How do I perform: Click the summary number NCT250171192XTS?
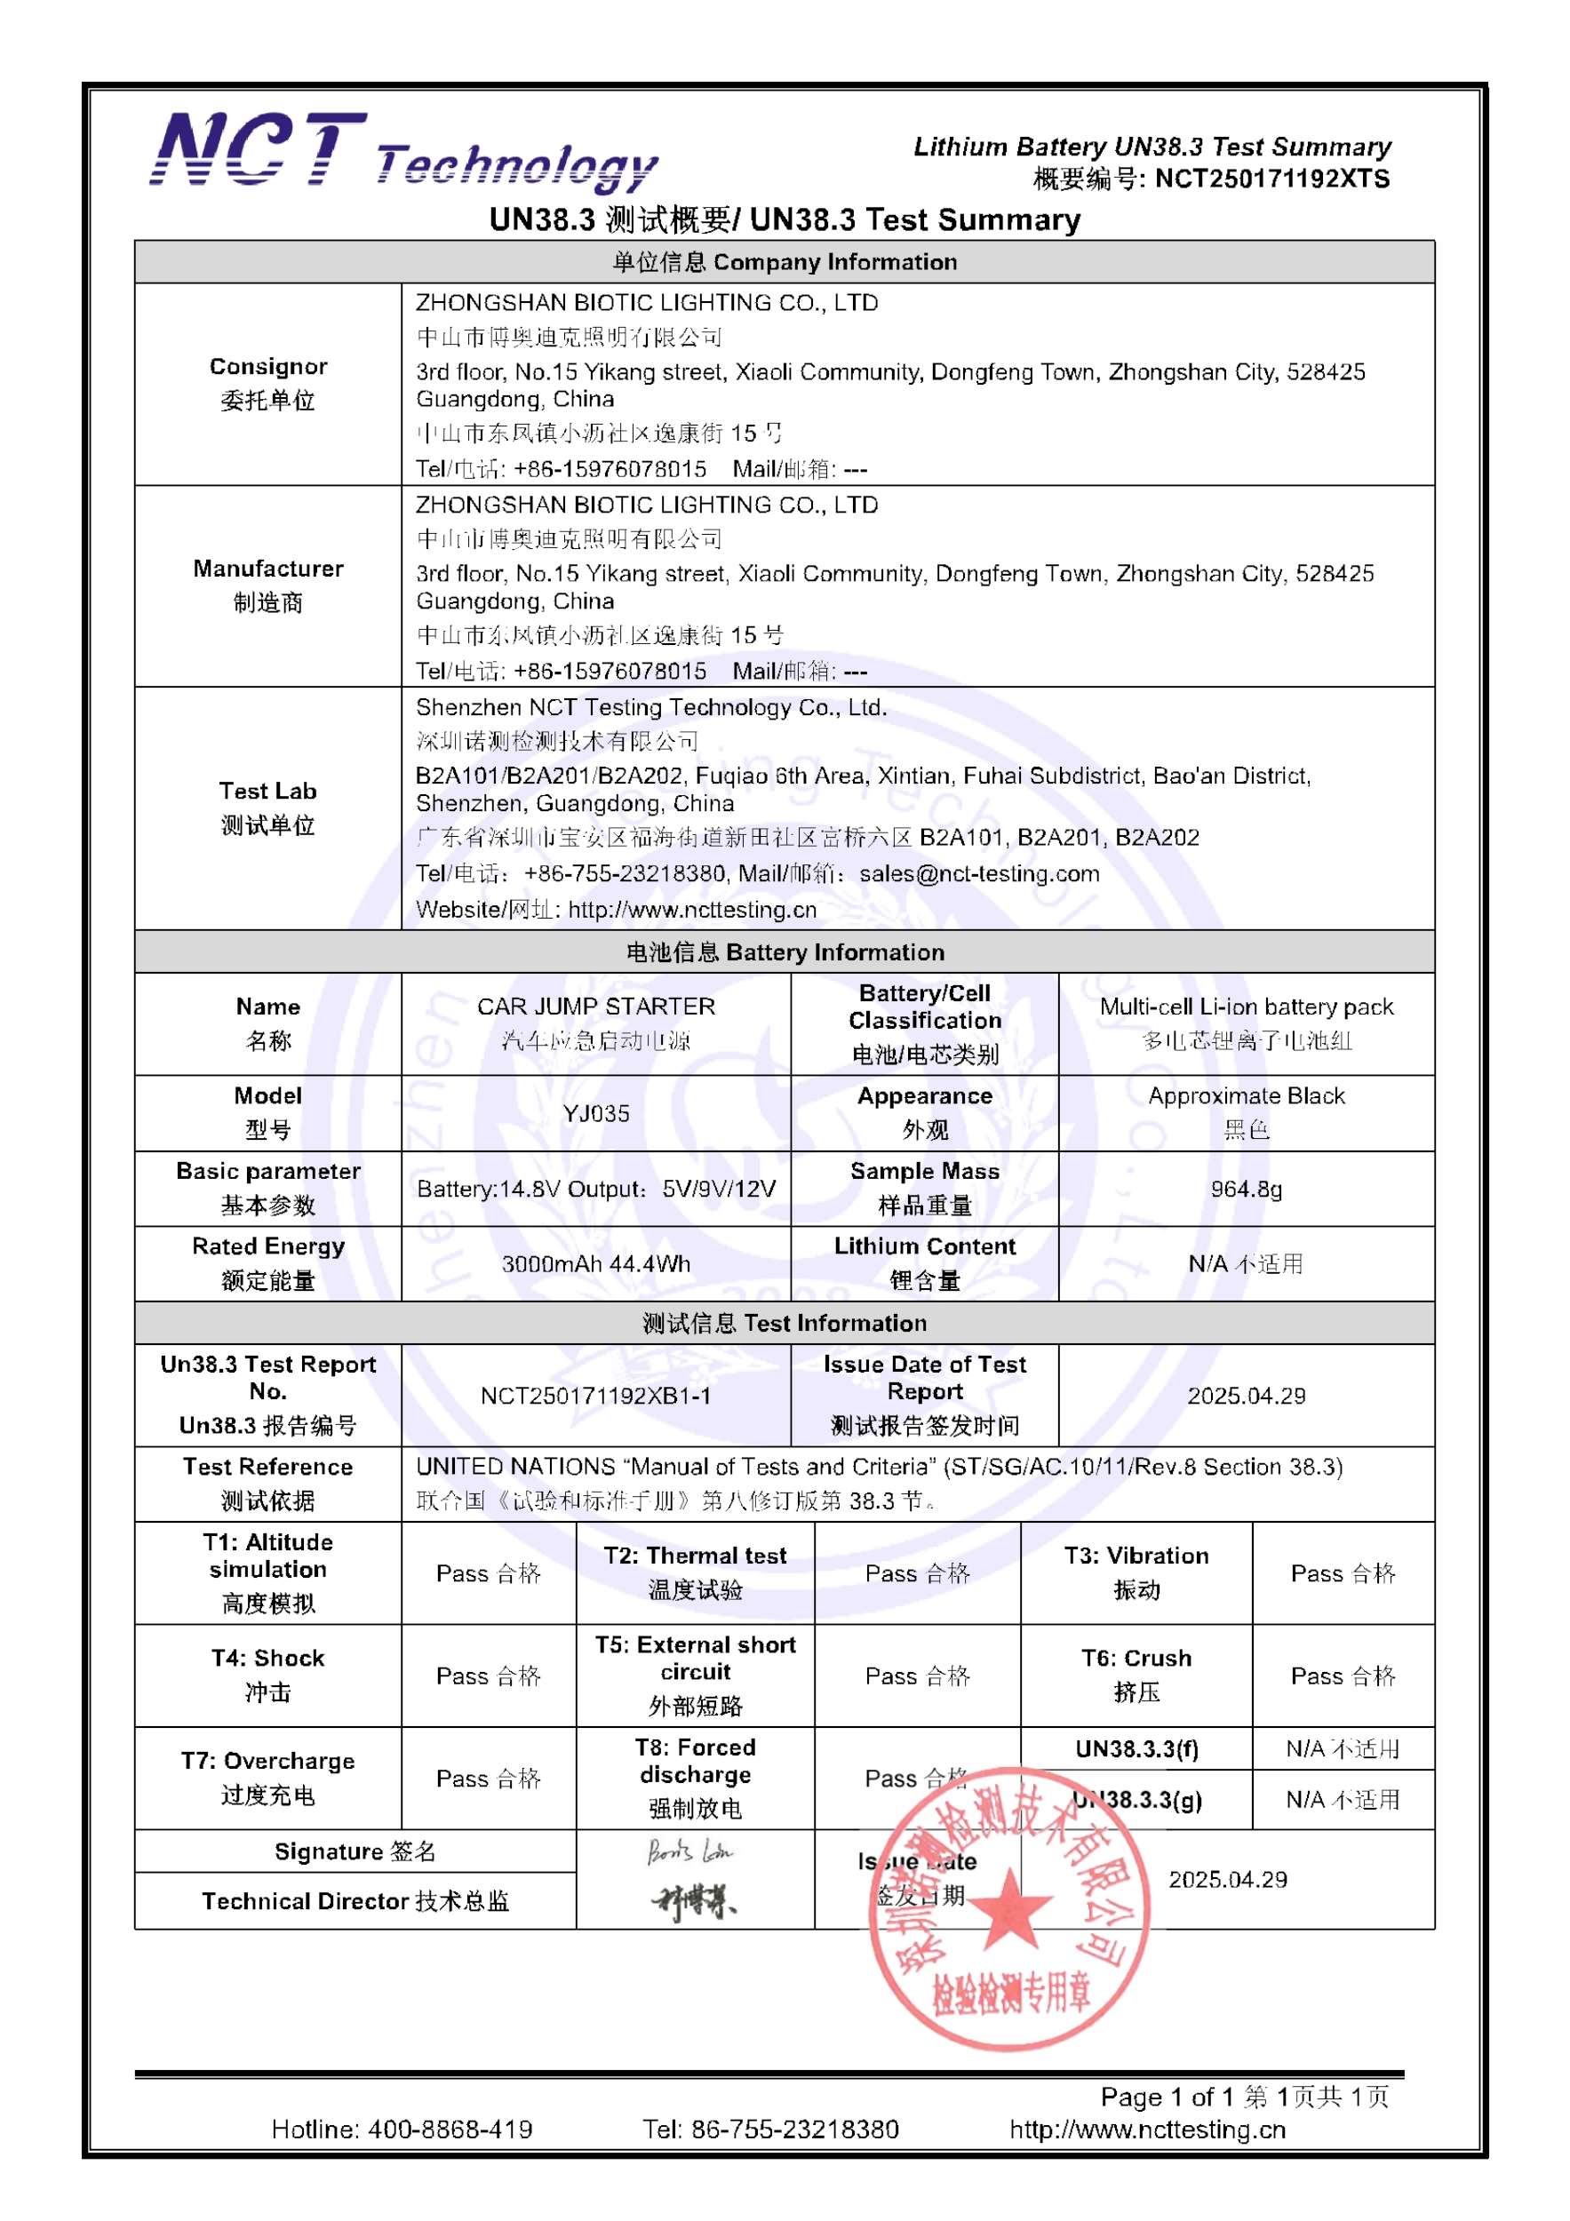tap(1271, 179)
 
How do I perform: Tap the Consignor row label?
tap(268, 383)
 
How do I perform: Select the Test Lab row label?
tap(268, 808)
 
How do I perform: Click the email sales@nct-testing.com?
tap(979, 873)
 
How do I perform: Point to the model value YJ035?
tap(596, 1113)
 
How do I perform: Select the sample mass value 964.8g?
tap(1246, 1189)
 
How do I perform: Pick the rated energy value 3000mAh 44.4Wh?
tap(596, 1264)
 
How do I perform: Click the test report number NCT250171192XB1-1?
tap(596, 1396)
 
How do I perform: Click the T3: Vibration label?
tap(1136, 1572)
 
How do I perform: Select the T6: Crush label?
tap(1136, 1675)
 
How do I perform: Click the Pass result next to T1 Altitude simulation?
tap(489, 1574)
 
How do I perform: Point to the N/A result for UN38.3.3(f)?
tap(1343, 1749)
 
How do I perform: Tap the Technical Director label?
tap(355, 1901)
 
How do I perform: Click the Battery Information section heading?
tap(785, 951)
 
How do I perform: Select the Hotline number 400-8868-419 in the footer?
tap(450, 2129)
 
